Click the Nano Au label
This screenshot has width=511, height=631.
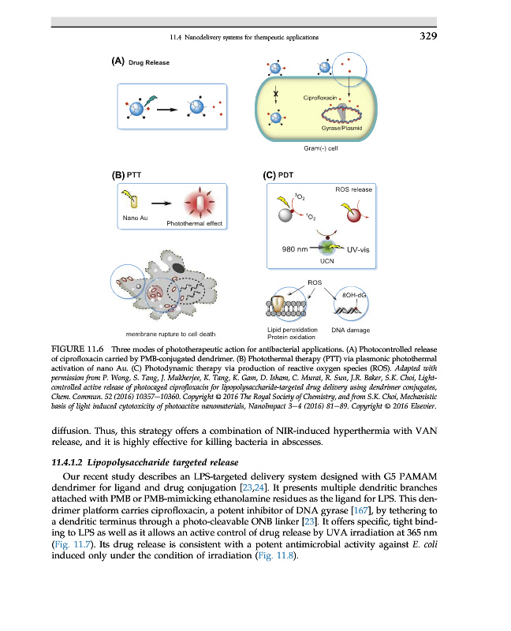coord(131,217)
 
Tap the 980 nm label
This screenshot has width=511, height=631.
coord(294,249)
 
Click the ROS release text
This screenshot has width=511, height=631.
coord(354,190)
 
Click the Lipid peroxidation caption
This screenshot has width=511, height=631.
coord(292,329)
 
